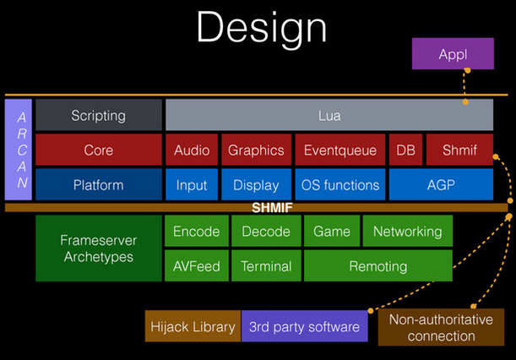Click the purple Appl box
[452, 55]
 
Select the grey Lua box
[329, 116]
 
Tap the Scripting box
[98, 116]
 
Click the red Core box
[98, 150]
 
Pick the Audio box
[192, 150]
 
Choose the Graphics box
[256, 150]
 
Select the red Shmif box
[459, 150]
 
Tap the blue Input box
[192, 185]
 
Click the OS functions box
[340, 185]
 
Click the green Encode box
[196, 232]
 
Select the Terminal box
[266, 266]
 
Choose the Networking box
[407, 232]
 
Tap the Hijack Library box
[193, 327]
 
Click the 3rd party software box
[304, 327]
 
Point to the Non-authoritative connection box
[441, 327]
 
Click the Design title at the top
[261, 28]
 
